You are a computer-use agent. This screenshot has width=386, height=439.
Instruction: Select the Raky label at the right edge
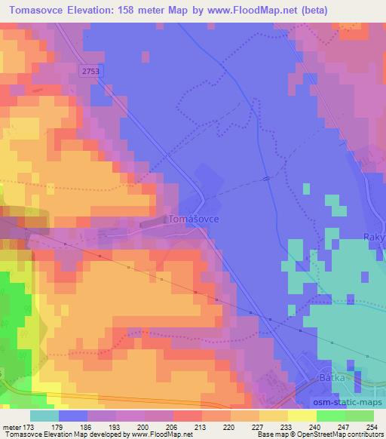tap(375, 236)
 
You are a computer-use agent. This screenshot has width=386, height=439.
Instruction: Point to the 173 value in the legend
tap(30, 428)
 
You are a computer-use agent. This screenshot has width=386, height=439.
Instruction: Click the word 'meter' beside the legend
tap(11, 428)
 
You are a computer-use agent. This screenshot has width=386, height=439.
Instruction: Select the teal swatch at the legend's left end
tap(44, 416)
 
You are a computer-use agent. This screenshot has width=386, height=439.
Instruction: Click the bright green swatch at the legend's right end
tap(359, 416)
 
